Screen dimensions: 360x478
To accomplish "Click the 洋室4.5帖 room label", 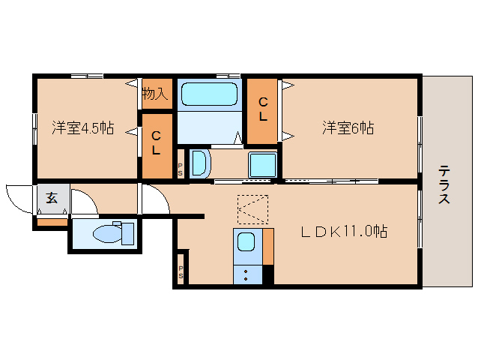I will pos(82,127).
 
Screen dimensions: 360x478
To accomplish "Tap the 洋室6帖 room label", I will pos(348,127).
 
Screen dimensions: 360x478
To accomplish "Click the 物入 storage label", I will pos(154,94).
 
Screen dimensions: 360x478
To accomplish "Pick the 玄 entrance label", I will pos(52,198).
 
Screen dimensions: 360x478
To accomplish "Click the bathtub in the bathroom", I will pos(210,94).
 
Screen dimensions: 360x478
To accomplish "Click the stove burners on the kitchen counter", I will pos(246,274).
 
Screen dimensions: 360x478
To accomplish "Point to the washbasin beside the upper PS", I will pos(199,163).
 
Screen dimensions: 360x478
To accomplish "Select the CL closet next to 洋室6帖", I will pos(263,110).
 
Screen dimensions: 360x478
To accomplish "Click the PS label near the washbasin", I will pos(180,170).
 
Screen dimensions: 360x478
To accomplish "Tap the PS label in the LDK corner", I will pos(181,272).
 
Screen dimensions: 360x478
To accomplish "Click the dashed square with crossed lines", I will pos(252,209).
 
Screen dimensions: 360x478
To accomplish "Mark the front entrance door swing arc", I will pos(16,196).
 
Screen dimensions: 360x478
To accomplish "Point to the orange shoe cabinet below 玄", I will pos(52,222).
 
